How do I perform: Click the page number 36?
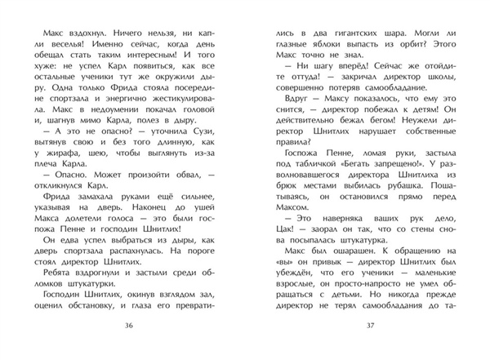[x=127, y=327]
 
